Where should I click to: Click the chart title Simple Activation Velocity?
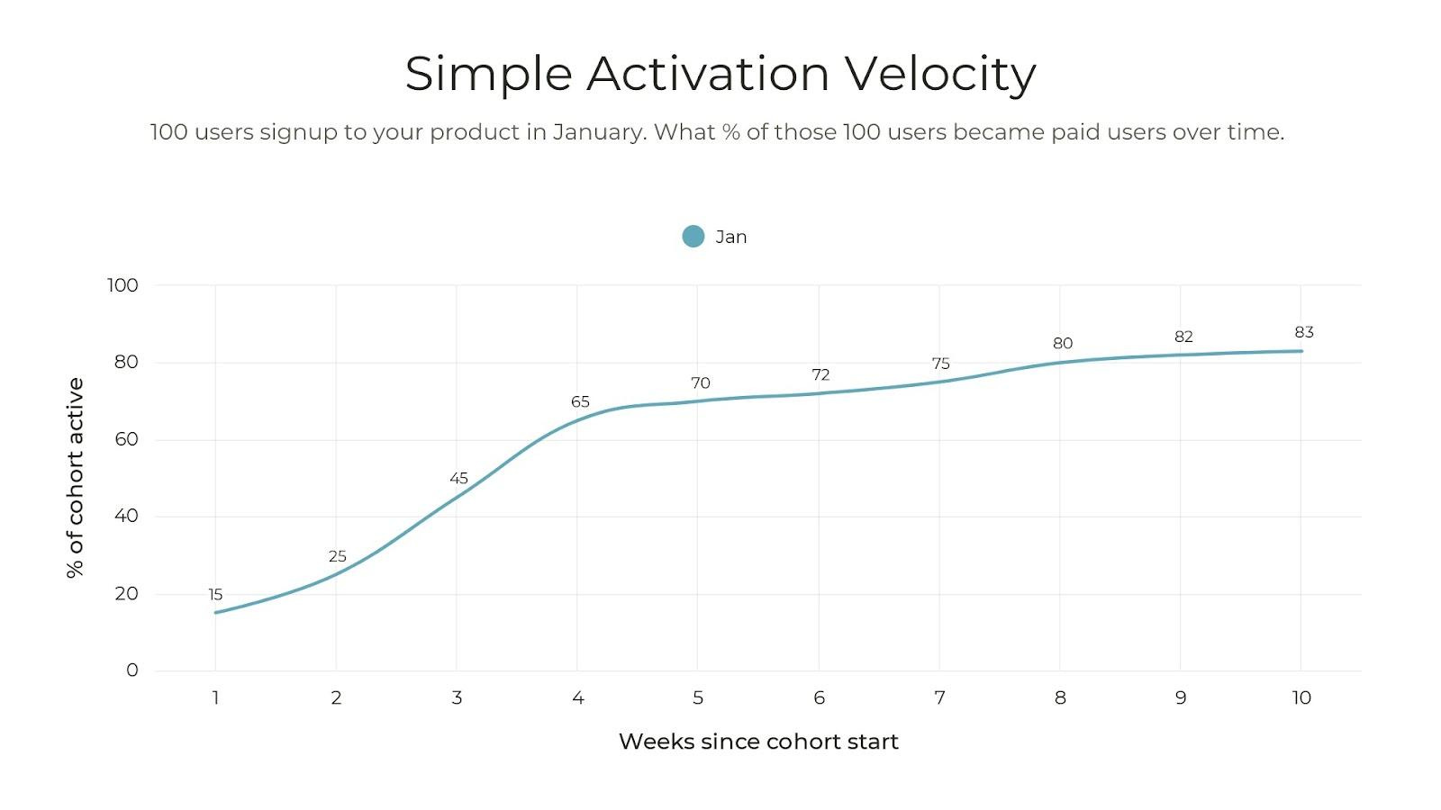720,74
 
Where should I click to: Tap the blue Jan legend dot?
693,236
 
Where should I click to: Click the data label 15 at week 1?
215,595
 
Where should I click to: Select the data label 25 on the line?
337,556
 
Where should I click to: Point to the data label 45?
458,478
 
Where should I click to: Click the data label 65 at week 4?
580,401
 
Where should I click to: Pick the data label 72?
820,374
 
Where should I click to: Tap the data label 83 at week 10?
1304,332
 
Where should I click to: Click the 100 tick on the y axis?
122,284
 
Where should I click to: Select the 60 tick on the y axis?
126,439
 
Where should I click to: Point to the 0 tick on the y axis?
131,670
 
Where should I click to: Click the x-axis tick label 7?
940,697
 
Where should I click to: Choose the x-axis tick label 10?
1301,697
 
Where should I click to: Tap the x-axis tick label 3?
457,697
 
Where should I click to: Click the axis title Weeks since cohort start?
758,742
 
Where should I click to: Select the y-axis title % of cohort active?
76,478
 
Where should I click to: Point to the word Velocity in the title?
940,74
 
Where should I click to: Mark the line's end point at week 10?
1301,351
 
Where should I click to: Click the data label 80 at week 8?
1063,343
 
